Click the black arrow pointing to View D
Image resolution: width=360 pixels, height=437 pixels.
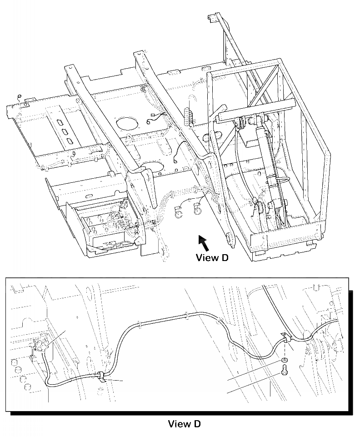coord(203,243)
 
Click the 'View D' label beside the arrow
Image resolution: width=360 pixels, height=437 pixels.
coord(211,258)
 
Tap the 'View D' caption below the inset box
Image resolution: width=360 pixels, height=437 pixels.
coord(184,424)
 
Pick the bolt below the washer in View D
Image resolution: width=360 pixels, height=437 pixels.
coord(283,371)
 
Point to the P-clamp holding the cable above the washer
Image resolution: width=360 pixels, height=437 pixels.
coord(285,337)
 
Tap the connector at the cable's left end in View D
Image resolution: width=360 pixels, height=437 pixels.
coord(40,346)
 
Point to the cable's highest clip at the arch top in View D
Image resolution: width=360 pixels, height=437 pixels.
coord(187,314)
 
